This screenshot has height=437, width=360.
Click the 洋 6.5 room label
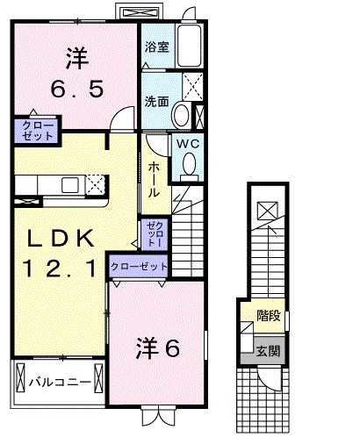point(74,74)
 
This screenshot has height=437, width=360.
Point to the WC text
point(187,143)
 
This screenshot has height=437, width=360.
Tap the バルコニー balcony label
point(55,382)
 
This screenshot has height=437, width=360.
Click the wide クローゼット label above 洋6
point(139,266)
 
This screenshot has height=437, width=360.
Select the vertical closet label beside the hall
point(153,233)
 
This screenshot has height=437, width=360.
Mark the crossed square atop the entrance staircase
point(266,211)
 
